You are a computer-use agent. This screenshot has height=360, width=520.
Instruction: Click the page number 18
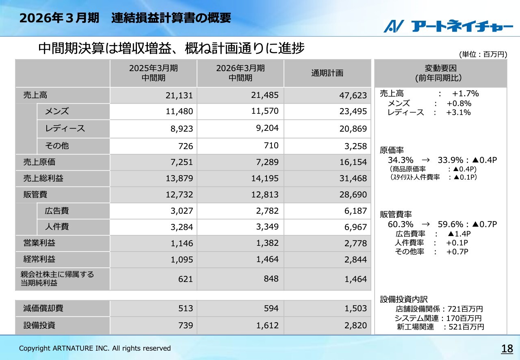[507, 349]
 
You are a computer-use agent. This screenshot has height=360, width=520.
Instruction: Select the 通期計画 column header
[327, 73]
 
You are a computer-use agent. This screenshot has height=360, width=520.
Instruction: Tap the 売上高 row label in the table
[35, 95]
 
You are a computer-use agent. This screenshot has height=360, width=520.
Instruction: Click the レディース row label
[65, 128]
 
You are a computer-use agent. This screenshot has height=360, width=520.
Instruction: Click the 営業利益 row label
[39, 243]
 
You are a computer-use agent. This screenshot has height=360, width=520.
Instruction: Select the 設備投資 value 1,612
[267, 325]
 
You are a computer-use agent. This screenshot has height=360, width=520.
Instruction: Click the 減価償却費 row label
[43, 308]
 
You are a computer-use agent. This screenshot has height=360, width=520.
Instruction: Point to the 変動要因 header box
[440, 73]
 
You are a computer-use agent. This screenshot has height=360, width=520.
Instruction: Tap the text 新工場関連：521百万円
[440, 327]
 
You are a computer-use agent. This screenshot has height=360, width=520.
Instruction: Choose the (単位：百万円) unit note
[483, 54]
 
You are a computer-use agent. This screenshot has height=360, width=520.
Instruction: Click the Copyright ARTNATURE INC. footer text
[95, 348]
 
